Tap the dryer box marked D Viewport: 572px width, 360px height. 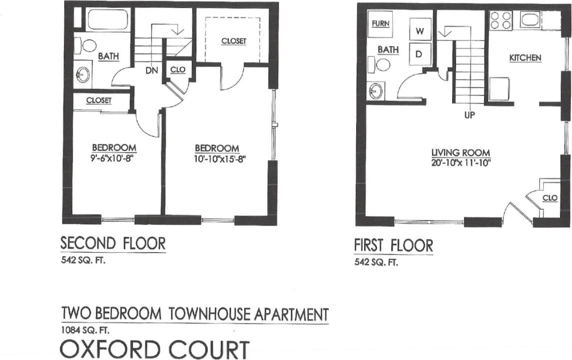point(420,53)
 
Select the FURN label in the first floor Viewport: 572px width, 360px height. point(381,23)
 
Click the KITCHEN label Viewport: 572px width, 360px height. point(525,58)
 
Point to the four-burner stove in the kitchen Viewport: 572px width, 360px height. point(501,20)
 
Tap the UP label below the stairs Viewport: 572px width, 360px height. point(469,115)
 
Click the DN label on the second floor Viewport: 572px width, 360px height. point(152,71)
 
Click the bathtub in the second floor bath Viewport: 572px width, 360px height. point(109,20)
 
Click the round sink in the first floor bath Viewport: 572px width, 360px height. point(376,91)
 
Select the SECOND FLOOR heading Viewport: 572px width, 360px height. point(113,244)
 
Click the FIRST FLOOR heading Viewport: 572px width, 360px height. point(394,246)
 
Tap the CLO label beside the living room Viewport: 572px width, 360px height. point(550,198)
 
